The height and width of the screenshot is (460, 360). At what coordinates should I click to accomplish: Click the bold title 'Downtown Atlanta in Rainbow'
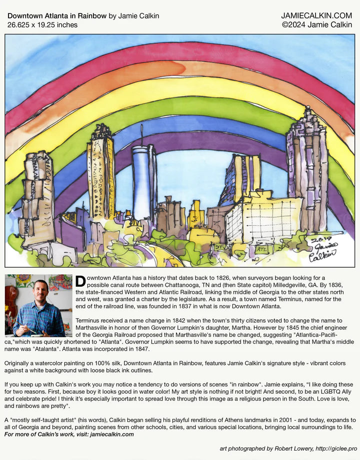click(x=57, y=16)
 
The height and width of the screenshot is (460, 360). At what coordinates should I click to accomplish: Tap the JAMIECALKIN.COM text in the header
click(x=316, y=16)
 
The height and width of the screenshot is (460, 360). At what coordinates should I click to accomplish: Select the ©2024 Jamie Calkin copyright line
click(x=317, y=24)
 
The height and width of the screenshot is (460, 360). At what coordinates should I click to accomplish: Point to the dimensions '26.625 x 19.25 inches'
click(x=42, y=24)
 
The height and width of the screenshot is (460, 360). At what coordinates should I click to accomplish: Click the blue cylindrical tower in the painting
click(x=144, y=182)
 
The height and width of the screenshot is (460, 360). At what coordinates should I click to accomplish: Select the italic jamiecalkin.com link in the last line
click(x=112, y=434)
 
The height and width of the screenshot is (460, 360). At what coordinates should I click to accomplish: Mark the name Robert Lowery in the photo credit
click(x=291, y=449)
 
